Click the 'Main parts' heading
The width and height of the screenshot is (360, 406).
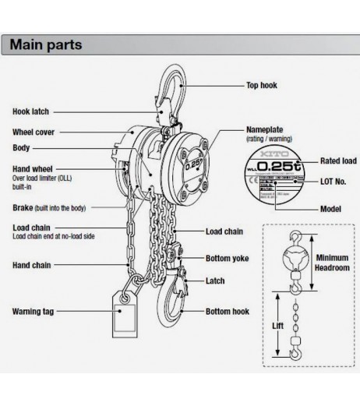tap(45, 44)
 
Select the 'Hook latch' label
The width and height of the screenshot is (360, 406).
tap(31, 112)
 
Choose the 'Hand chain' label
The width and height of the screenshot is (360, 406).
tap(33, 265)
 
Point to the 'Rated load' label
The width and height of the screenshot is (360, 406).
tap(339, 161)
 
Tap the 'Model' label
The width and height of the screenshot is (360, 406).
tap(331, 210)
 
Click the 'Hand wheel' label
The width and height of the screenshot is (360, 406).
tap(32, 168)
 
